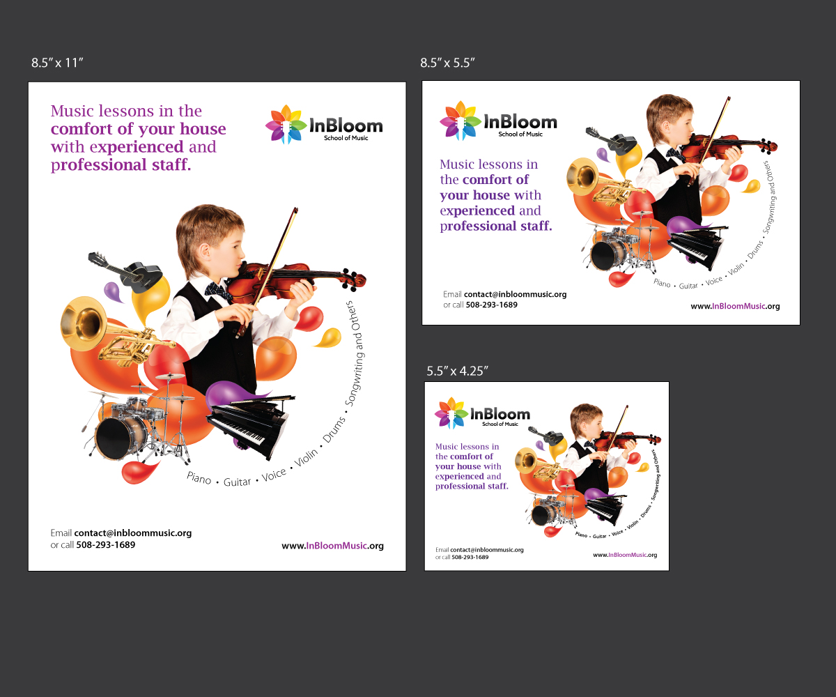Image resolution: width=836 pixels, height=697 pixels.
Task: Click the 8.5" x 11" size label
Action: coord(57,63)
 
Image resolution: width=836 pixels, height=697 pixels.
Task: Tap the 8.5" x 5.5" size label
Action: coord(447,63)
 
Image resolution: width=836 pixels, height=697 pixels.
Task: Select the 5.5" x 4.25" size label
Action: coord(457,371)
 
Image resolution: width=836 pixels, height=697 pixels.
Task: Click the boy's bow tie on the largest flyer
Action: coord(218,291)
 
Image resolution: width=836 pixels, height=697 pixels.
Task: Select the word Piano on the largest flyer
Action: coord(199,477)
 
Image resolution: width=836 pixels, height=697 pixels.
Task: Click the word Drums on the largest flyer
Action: coord(334,430)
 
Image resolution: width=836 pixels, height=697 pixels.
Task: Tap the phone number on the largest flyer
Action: coord(106,545)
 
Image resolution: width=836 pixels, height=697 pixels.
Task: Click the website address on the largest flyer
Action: coord(332,546)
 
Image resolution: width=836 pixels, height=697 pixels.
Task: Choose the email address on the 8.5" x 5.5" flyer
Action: coord(515,294)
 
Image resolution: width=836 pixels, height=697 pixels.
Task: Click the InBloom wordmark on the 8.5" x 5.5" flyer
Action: coord(520,122)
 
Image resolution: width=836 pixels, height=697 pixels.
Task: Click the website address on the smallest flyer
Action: coord(625,555)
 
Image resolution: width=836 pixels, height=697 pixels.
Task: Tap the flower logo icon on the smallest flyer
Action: coord(451,413)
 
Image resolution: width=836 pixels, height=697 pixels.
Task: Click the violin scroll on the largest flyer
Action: coord(355,279)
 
